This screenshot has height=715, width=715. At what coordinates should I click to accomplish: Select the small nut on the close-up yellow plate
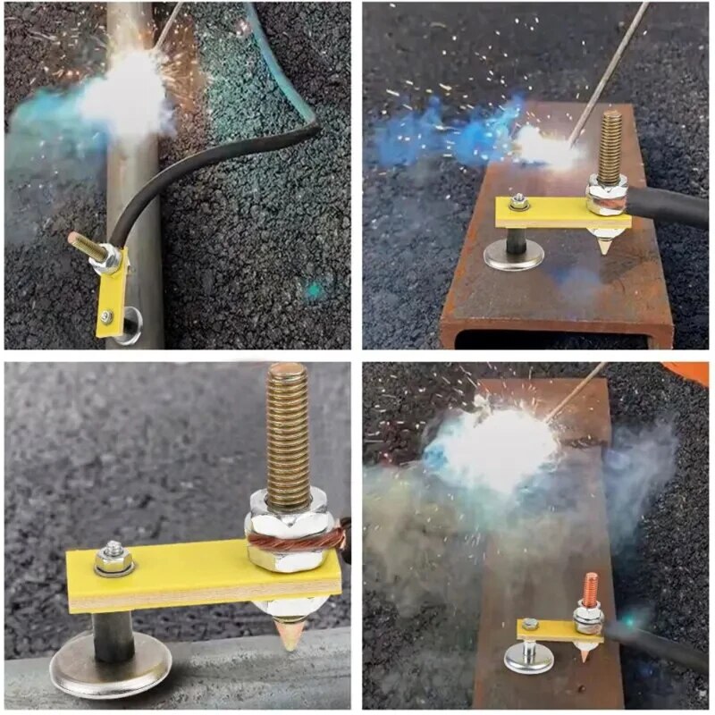coord(114,559)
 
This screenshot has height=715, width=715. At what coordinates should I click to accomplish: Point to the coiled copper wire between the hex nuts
coord(295,540)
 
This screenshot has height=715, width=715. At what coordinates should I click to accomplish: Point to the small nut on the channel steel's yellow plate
coord(517,203)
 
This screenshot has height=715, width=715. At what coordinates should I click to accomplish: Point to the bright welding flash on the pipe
coord(125,98)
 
